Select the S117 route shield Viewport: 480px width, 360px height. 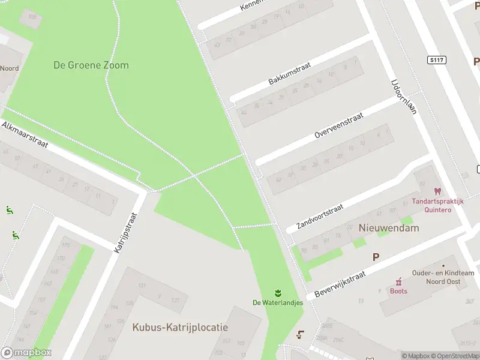tap(437, 60)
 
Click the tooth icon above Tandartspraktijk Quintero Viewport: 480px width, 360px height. tap(437, 191)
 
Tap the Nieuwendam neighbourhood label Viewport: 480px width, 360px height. tap(389, 228)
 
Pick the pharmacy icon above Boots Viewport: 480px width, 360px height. tap(398, 281)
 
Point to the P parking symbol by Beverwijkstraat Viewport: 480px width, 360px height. tap(376, 257)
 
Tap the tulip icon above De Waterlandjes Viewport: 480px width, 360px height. tap(278, 293)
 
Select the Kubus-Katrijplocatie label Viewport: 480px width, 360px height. tap(180, 327)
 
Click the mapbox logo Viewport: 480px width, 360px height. tap(26, 353)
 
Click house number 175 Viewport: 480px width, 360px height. tap(66, 245)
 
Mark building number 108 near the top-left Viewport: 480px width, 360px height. tap(31, 17)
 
